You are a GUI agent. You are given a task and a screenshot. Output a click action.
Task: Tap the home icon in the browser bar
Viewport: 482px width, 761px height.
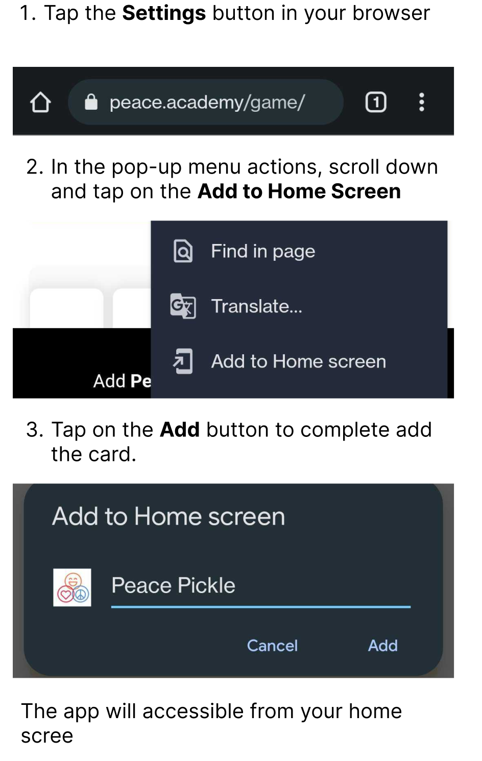pyautogui.click(x=40, y=102)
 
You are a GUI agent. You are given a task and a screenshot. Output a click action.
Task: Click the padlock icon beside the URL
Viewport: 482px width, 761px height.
pyautogui.click(x=91, y=102)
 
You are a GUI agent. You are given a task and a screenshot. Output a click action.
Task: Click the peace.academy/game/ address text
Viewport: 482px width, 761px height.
pyautogui.click(x=207, y=102)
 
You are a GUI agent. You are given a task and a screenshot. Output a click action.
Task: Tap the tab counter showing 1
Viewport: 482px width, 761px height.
pyautogui.click(x=376, y=102)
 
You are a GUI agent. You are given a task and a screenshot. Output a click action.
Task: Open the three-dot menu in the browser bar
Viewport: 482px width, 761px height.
pyautogui.click(x=422, y=102)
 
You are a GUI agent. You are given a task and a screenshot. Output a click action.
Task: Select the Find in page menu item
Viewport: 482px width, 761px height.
pyautogui.click(x=263, y=252)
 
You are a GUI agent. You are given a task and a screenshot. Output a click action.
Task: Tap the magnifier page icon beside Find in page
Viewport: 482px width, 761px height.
pyautogui.click(x=183, y=251)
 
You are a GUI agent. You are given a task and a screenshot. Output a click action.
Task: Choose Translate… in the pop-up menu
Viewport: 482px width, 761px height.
pyautogui.click(x=257, y=306)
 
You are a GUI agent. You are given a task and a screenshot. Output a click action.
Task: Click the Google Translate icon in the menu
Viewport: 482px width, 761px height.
pyautogui.click(x=183, y=306)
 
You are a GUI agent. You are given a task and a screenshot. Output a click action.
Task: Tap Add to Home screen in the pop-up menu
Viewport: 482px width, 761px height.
pyautogui.click(x=299, y=361)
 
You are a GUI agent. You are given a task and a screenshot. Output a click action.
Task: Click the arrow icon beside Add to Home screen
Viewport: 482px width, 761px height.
pyautogui.click(x=183, y=361)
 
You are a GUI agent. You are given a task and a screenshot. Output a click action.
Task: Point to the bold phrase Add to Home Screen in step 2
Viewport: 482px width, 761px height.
pyautogui.click(x=299, y=191)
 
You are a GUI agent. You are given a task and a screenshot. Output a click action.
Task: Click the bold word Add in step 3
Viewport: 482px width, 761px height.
pyautogui.click(x=180, y=430)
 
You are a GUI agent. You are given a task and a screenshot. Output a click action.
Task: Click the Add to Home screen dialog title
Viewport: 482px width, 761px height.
pyautogui.click(x=168, y=517)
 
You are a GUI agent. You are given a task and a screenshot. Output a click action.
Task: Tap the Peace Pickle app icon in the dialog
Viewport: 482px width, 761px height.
pyautogui.click(x=72, y=587)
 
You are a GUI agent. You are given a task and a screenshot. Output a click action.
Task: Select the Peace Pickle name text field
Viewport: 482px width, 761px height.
pyautogui.click(x=261, y=587)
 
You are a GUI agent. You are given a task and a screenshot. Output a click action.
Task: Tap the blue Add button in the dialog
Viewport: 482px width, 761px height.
pyautogui.click(x=383, y=646)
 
